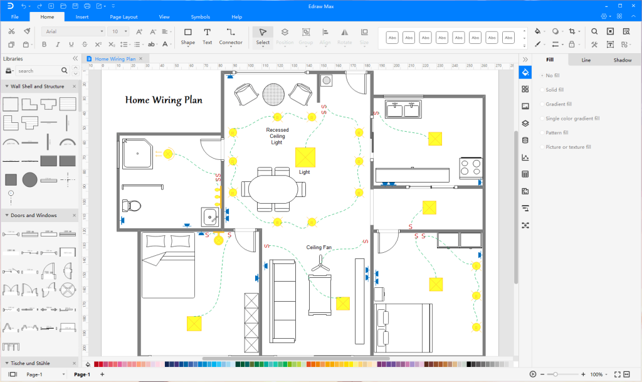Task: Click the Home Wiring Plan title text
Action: tap(164, 100)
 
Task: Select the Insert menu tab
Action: tap(82, 17)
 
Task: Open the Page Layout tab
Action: tap(124, 17)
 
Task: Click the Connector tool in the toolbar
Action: tap(230, 36)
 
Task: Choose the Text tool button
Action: tap(207, 36)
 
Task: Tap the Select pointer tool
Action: tap(263, 36)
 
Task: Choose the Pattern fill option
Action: tap(557, 133)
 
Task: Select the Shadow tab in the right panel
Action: tap(622, 60)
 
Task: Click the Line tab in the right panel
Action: tap(586, 60)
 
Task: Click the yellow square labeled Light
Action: tap(305, 157)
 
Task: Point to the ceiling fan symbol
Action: tap(320, 266)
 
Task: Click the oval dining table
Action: tap(273, 189)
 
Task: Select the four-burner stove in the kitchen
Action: tap(470, 167)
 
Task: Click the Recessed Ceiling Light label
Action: tap(276, 136)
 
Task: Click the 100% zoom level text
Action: tap(596, 374)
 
